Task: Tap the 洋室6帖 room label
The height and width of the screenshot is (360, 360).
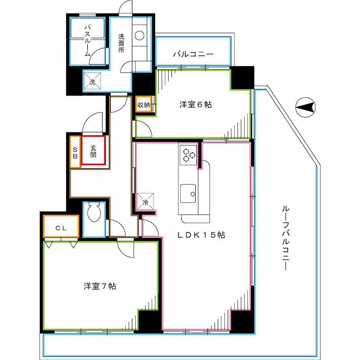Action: pos(196,105)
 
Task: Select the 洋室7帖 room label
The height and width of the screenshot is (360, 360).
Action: pos(100,286)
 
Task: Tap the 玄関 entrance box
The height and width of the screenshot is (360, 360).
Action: pos(94,151)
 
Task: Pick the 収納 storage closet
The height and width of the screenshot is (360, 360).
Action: pos(144,105)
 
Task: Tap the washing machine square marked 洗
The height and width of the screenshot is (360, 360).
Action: pos(92,81)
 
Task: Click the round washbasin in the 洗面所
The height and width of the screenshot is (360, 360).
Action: pos(140,35)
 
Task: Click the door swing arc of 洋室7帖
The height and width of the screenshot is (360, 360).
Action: pos(126,248)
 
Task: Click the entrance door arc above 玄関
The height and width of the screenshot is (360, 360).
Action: pos(94,122)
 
